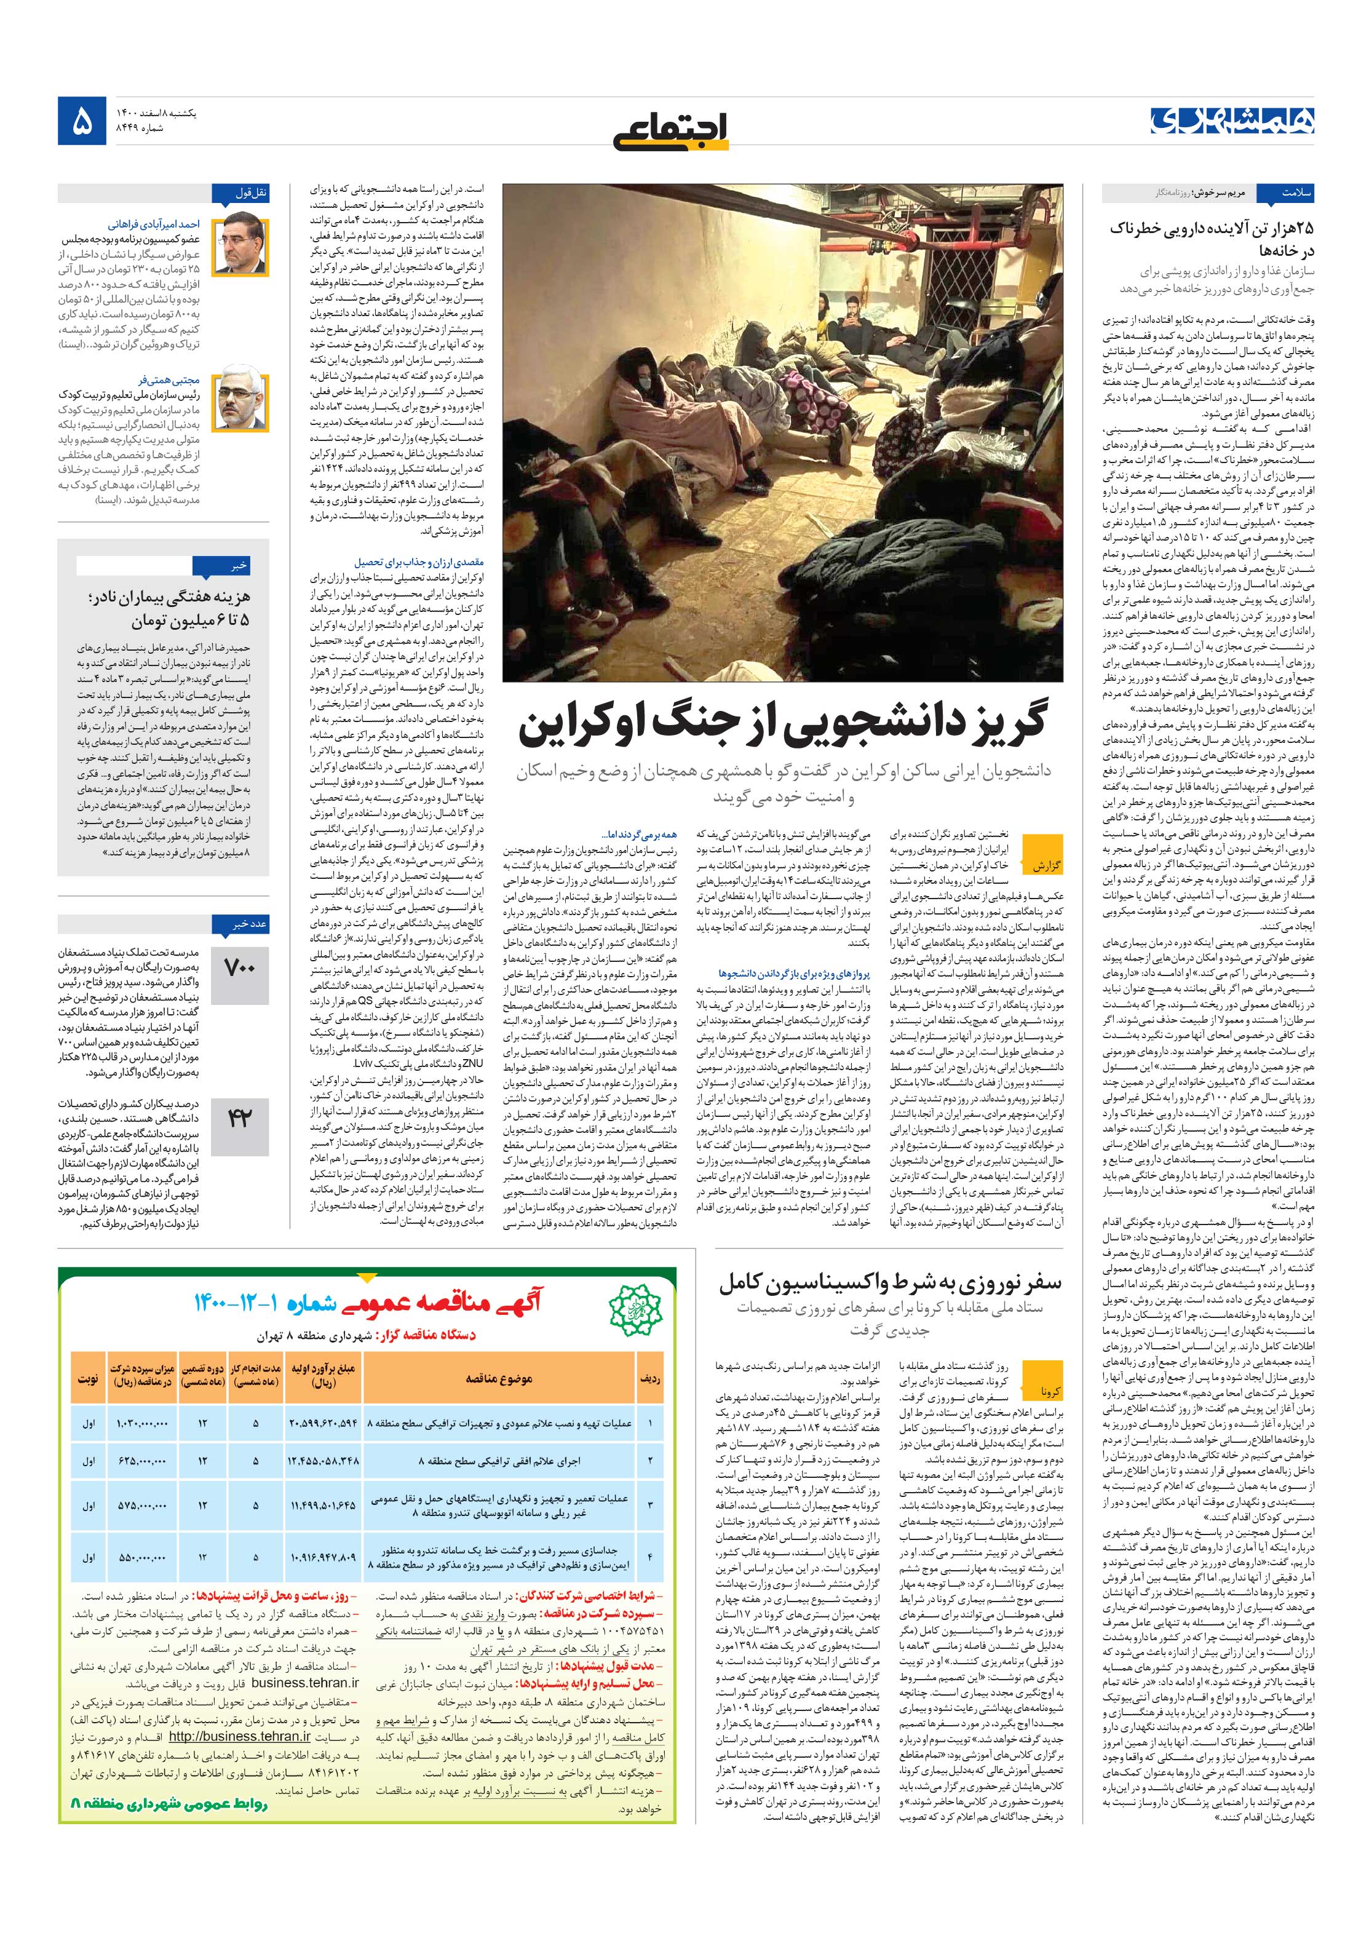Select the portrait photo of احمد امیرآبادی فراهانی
click(240, 245)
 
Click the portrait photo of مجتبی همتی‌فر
click(240, 402)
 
